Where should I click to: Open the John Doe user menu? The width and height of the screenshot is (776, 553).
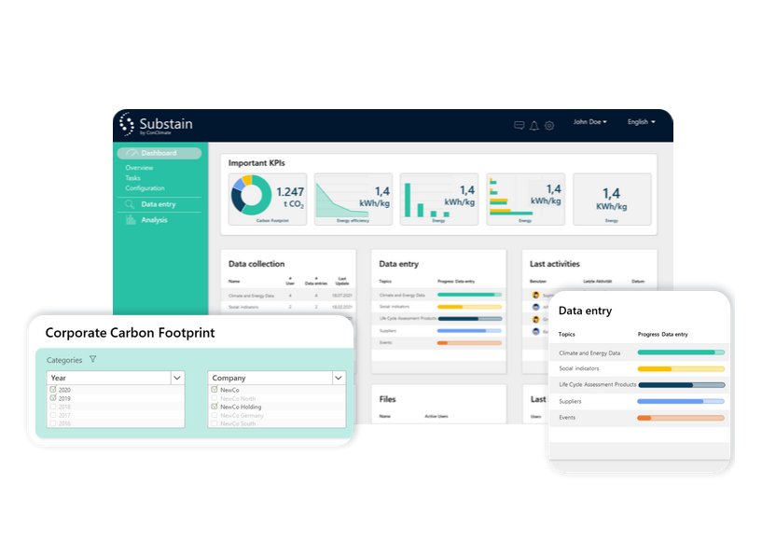589,122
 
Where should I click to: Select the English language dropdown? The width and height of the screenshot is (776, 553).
641,122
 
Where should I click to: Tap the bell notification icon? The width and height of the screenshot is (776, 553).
534,126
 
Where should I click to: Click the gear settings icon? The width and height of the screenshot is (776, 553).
549,126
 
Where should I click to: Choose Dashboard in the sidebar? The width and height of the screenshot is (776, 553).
159,153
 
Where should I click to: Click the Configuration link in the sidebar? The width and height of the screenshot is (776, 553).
145,188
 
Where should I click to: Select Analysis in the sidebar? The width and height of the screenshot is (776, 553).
154,220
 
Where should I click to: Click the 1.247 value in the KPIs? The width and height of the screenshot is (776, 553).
290,190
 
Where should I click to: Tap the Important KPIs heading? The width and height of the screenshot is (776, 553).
256,163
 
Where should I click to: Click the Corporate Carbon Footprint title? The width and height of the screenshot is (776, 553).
130,333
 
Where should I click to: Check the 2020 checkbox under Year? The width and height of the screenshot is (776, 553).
53,390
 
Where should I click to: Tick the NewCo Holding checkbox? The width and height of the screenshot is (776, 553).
215,407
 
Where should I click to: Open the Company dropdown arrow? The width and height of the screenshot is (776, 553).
338,378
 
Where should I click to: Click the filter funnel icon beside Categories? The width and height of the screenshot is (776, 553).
92,360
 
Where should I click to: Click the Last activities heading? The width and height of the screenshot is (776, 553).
555,264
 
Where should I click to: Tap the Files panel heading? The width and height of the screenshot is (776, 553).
387,399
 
